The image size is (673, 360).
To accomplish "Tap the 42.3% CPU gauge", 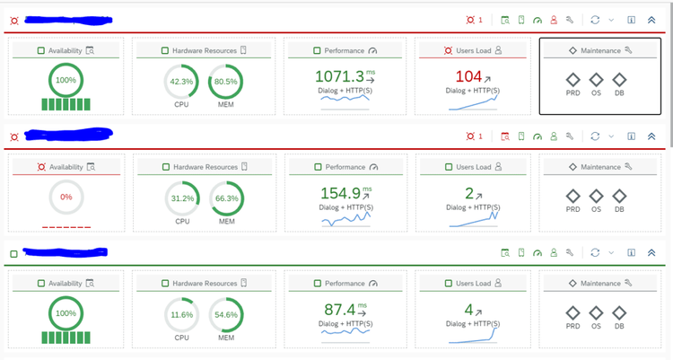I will click(182, 82).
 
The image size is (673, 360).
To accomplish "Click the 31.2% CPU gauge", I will click(182, 198).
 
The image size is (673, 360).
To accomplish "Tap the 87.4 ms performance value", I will click(342, 310).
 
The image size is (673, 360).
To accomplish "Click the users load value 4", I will click(469, 310).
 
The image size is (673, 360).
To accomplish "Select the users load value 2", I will click(469, 193).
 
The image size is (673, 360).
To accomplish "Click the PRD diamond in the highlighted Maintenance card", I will click(572, 79).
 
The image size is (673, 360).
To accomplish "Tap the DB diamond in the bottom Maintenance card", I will click(618, 312).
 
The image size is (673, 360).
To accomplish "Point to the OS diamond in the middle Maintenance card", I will click(596, 196).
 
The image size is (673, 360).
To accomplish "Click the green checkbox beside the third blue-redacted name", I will click(13, 254).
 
